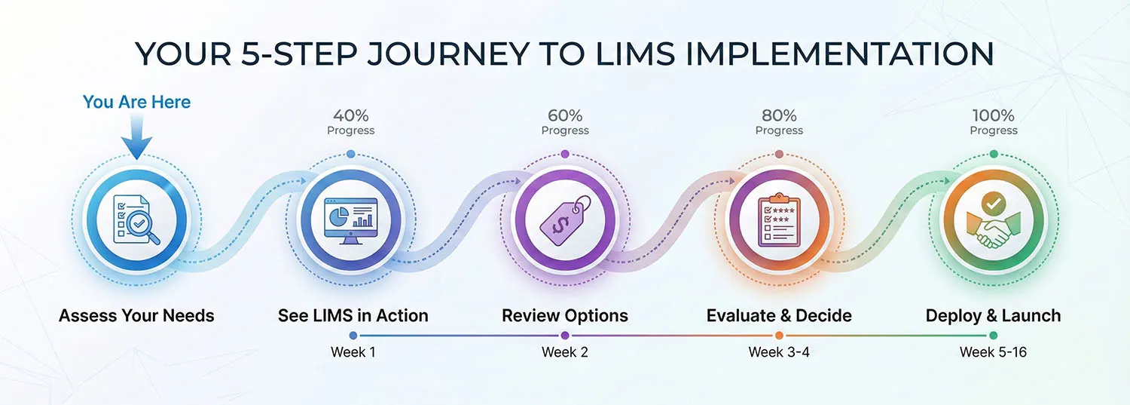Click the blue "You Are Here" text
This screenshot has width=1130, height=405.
(136, 102)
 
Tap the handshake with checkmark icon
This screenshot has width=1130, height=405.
(993, 219)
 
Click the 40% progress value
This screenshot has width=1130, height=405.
(350, 115)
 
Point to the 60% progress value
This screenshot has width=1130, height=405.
(565, 115)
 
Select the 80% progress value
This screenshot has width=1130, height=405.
(779, 115)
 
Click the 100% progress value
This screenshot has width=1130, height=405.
(993, 115)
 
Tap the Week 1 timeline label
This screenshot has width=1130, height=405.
(353, 352)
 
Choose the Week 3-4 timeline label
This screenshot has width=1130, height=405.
(779, 352)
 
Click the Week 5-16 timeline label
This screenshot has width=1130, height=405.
(993, 352)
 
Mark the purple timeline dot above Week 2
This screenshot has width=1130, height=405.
(565, 335)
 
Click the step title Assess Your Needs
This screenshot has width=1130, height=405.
(136, 315)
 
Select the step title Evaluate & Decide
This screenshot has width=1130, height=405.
(779, 315)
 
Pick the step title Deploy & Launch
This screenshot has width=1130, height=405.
(993, 315)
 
